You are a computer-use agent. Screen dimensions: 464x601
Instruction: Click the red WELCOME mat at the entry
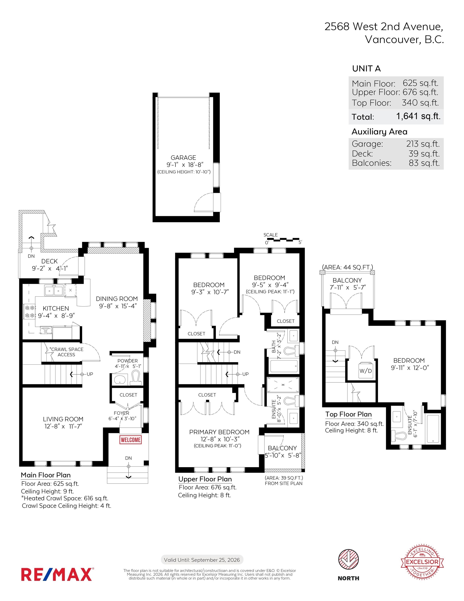point(131,440)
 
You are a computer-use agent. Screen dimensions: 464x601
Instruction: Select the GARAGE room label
point(183,158)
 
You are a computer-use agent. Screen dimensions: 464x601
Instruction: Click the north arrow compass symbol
point(348,560)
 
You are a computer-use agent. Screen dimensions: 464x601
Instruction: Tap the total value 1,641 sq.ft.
point(418,116)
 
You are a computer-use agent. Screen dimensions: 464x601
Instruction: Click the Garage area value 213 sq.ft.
point(423,144)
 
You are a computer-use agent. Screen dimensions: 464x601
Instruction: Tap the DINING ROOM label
point(117,299)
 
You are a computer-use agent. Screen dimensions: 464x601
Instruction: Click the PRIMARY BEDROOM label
point(219,432)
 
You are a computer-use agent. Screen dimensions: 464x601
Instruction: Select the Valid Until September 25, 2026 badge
point(202,560)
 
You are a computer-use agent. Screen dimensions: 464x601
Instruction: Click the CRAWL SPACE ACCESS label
point(66,352)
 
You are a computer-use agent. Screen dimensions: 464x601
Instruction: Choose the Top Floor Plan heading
point(348,414)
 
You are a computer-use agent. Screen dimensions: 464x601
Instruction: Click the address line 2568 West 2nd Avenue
point(384,26)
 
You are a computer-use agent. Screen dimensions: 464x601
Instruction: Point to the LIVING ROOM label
point(63,419)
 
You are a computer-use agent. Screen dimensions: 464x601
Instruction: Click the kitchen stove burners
point(30,311)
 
